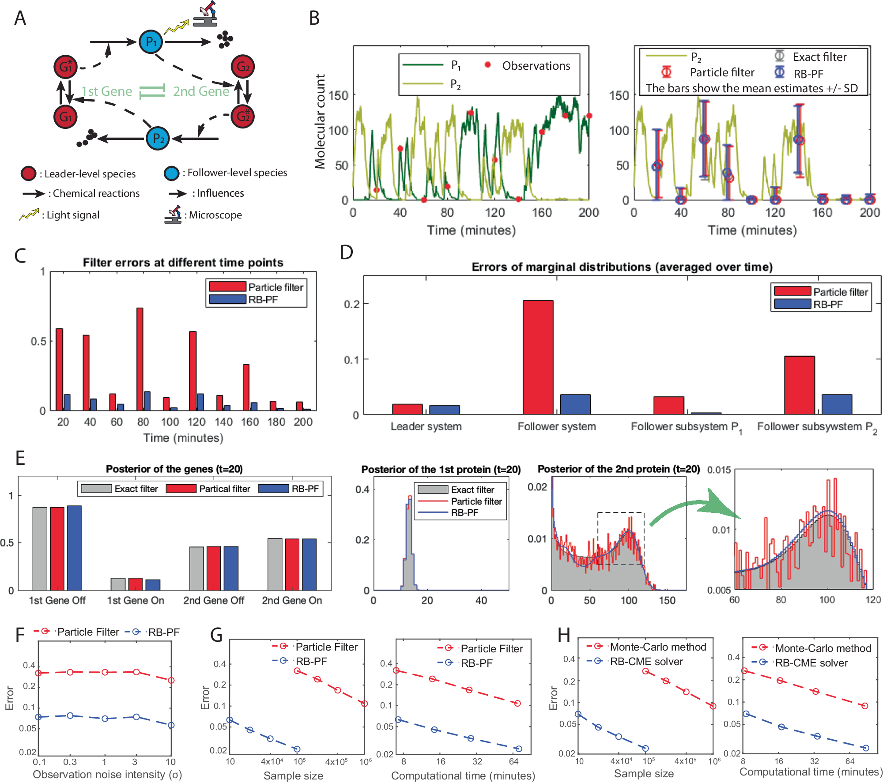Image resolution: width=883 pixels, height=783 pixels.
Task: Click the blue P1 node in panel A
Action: tap(151, 42)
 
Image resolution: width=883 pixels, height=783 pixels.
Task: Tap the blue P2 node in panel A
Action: tap(158, 139)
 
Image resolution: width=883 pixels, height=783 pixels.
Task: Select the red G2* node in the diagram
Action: tap(243, 116)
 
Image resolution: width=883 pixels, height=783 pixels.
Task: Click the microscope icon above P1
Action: tap(206, 14)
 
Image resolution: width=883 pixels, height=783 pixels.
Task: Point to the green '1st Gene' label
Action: tap(106, 91)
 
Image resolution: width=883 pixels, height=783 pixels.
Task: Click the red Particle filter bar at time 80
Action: tap(140, 358)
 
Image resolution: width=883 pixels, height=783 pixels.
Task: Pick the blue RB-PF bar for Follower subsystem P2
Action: tap(836, 404)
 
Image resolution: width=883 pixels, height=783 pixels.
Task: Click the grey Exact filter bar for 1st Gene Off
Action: tap(40, 548)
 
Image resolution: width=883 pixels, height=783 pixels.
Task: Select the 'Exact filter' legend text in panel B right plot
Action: tap(819, 57)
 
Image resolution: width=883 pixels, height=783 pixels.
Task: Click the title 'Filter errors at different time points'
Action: tap(183, 263)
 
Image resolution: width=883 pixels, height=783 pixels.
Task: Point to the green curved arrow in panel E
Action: tap(693, 508)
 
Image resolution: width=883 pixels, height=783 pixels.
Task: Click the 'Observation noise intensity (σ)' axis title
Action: tap(107, 775)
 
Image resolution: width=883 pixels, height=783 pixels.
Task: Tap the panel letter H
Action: tap(563, 635)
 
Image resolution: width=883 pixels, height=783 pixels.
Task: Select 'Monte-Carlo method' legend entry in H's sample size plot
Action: tap(657, 647)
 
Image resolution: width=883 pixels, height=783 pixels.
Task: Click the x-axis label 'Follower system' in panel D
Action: tap(556, 426)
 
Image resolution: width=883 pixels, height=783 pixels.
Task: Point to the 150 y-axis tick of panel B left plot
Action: tap(339, 95)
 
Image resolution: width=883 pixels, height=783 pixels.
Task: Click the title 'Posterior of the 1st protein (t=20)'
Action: tap(441, 469)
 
